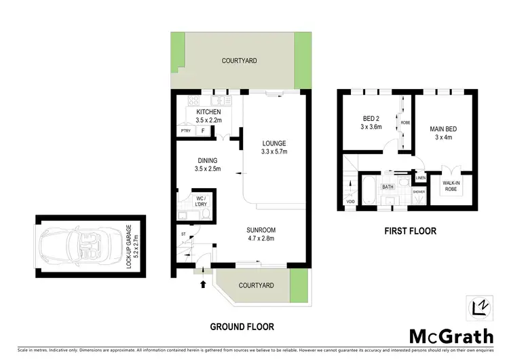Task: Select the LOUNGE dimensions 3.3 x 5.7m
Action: (275, 151)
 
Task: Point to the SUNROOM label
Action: (261, 230)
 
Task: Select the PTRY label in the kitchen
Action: (185, 130)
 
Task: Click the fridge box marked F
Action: (202, 130)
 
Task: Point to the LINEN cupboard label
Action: (420, 178)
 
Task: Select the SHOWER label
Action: (419, 192)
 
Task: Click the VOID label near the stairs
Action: (350, 201)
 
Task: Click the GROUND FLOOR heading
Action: (242, 327)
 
